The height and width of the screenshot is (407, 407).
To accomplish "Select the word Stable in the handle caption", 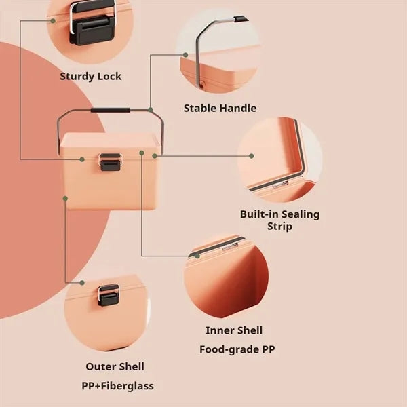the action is click(x=200, y=108).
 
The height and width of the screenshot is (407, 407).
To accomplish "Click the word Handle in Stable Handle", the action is click(x=238, y=108).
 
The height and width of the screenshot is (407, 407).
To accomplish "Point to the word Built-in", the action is click(x=259, y=214).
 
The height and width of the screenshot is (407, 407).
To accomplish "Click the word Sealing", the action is click(x=301, y=215).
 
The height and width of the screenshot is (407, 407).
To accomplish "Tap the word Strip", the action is click(x=279, y=227).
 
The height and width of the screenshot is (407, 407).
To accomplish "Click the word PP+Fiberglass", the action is click(x=117, y=386).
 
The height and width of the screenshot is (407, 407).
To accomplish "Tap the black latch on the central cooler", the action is click(x=111, y=162).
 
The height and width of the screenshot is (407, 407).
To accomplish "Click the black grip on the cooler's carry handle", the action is click(x=111, y=111).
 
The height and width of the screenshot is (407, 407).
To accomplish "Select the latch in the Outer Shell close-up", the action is click(x=109, y=294).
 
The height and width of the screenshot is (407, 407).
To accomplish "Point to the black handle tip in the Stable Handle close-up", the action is click(x=240, y=19).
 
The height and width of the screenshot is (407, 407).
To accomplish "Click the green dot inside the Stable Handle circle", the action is click(x=185, y=55).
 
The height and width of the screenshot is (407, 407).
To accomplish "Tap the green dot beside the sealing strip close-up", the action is click(x=251, y=156).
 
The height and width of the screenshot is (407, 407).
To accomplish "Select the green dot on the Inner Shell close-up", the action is click(x=197, y=256).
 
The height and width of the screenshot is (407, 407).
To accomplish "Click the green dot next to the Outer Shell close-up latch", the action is click(x=82, y=283).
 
